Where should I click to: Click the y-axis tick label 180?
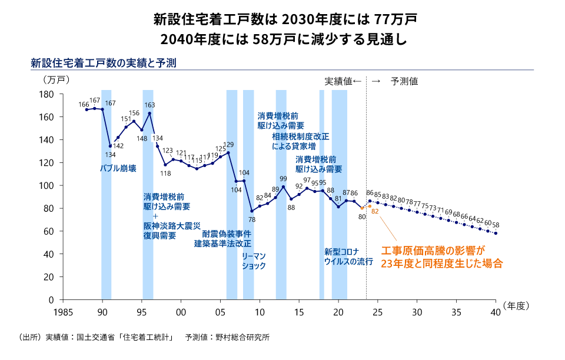(x=47, y=94)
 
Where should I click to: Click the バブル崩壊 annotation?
(x=118, y=169)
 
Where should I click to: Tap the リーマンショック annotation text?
(x=254, y=261)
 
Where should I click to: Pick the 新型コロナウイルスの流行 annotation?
(x=348, y=257)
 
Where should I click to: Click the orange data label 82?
(x=374, y=211)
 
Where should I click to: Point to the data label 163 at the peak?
(x=149, y=105)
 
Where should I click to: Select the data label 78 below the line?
(x=252, y=219)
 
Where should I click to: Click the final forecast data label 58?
(x=496, y=225)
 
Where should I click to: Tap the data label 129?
(x=229, y=144)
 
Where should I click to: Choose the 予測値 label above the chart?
(x=404, y=82)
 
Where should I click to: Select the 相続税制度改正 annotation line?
(x=300, y=136)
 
